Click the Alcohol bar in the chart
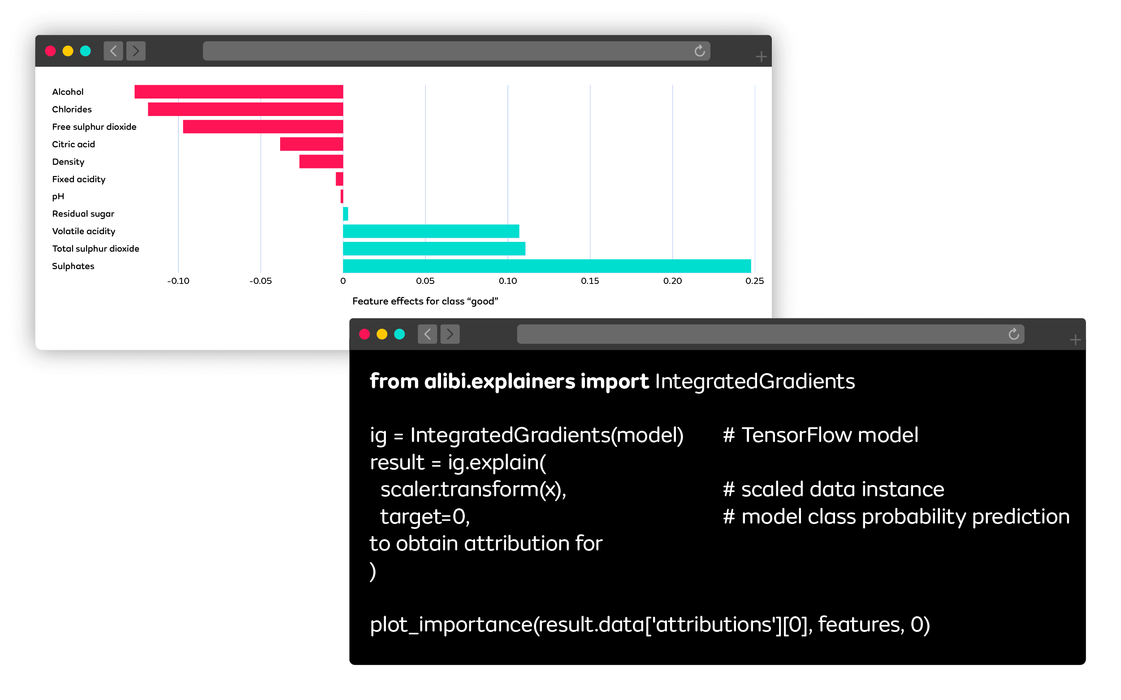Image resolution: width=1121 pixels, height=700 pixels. pos(238,92)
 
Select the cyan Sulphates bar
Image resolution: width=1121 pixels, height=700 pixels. pos(546,266)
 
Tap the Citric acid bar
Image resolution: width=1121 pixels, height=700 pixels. pos(311,144)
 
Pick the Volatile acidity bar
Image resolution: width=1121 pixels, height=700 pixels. pos(431,231)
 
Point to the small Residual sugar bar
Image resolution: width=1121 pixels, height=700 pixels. pos(346,214)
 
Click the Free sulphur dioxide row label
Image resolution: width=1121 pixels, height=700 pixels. pos(94,127)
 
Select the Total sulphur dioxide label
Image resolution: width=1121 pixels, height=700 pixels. pos(95,249)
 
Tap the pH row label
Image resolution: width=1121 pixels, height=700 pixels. pos(58,196)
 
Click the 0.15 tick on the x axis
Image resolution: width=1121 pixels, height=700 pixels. pos(590,281)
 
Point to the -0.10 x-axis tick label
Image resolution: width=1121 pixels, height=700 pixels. pos(178,281)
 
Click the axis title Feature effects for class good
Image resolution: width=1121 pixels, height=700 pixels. pos(425,301)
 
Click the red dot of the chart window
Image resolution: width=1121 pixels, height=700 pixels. pos(51,51)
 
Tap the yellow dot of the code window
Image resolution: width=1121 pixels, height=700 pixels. pos(382,334)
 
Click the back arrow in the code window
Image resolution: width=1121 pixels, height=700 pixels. pos(427,334)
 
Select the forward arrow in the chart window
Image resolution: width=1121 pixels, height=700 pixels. pos(136,51)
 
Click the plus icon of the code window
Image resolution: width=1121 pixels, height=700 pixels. pos(1075,340)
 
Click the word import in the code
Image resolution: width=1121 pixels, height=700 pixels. pos(614,382)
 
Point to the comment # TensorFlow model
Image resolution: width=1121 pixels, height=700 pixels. pos(820,435)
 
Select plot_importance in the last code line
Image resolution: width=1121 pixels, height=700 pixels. pos(451,625)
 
